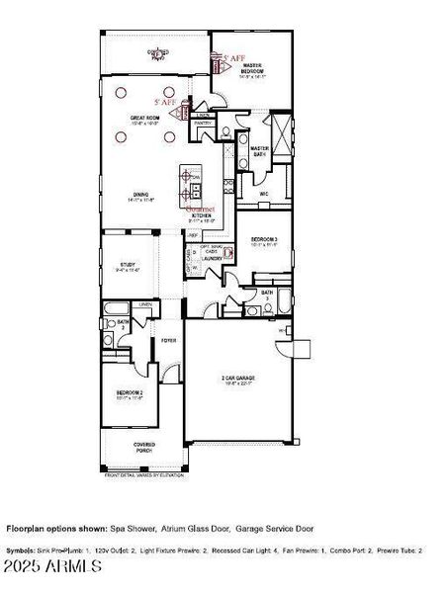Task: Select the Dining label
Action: [x=140, y=196]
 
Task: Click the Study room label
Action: [x=130, y=266]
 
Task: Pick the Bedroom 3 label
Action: [x=263, y=241]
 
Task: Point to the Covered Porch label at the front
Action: [x=144, y=448]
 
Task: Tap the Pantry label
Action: [x=203, y=124]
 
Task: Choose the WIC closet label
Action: [x=264, y=194]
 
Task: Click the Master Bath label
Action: [x=260, y=151]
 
